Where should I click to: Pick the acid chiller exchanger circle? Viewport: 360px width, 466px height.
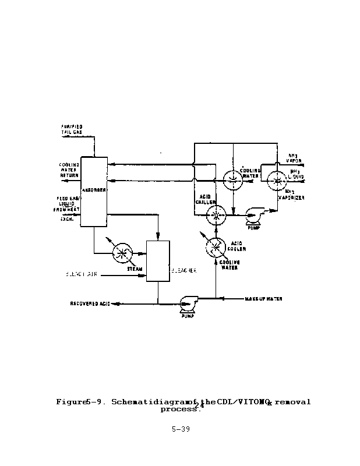(x=216, y=215)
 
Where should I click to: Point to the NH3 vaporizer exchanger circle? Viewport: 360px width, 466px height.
(x=273, y=181)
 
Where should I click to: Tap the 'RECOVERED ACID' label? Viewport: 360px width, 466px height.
(x=90, y=304)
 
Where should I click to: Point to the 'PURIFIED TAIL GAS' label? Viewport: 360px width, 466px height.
(x=71, y=129)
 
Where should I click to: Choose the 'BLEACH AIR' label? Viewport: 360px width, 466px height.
(x=81, y=273)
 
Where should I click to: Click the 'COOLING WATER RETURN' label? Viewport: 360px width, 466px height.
(x=69, y=170)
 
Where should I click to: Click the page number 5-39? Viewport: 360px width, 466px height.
(x=180, y=430)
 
